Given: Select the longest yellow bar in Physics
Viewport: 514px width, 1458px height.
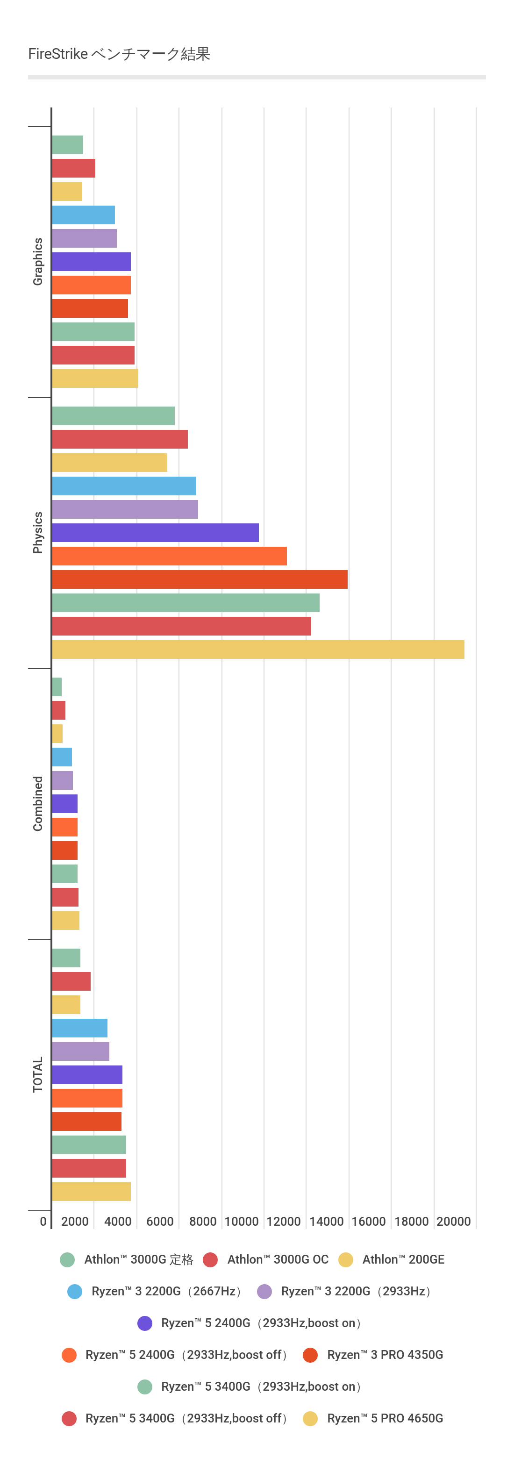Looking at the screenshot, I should tap(257, 649).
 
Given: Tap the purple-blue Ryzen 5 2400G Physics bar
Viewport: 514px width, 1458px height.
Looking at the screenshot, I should tap(155, 533).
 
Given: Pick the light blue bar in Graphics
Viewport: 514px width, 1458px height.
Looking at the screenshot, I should tap(83, 215).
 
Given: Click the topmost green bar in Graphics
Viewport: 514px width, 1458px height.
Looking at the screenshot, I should tap(67, 145).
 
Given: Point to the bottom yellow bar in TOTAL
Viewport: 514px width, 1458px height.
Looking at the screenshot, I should tap(91, 1192).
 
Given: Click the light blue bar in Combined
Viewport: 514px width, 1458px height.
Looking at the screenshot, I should tap(62, 757).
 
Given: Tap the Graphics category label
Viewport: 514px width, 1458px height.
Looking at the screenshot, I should tap(38, 262).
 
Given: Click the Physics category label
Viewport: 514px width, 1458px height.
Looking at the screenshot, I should tap(38, 533).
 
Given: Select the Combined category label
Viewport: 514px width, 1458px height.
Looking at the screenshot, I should tap(38, 803).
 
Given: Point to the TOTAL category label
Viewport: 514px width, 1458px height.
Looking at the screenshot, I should tap(38, 1074).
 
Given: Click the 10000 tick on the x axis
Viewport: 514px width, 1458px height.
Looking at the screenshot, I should tap(242, 1222).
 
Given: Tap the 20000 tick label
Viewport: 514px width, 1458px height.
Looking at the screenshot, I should tap(453, 1222).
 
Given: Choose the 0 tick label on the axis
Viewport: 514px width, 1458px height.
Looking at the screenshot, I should tap(43, 1222).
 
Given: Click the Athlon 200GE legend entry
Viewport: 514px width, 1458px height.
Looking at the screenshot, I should tap(403, 1259).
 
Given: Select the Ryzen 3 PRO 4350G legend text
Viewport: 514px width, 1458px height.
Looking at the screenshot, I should tap(385, 1354).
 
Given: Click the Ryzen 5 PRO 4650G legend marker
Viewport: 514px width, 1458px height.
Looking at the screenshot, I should tap(310, 1418).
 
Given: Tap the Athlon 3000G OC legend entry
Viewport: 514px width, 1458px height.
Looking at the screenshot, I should tap(278, 1259).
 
